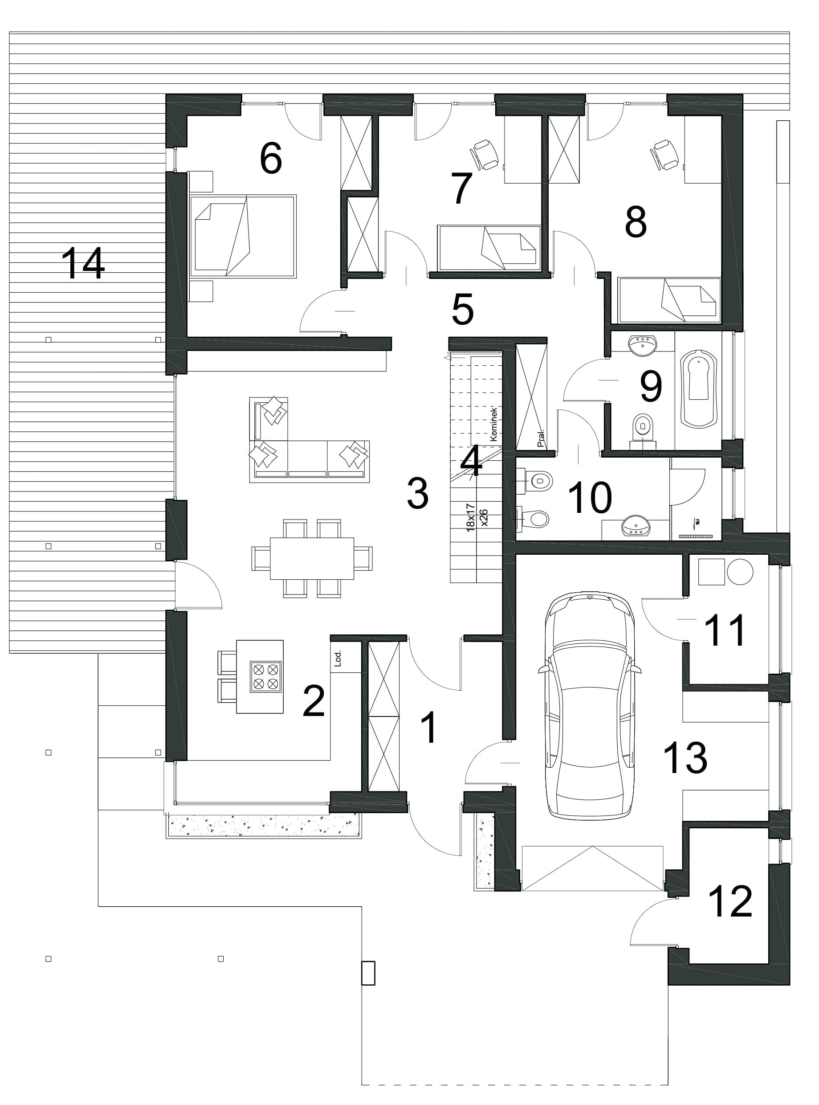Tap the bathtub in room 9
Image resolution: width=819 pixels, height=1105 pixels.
coord(699,389)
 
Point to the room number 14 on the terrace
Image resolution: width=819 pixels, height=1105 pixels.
coord(83,264)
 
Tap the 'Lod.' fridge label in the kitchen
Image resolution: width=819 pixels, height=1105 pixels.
coord(338,658)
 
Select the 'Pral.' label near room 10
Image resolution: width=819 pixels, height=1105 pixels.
coord(541,438)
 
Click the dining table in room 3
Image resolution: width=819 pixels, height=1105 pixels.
coord(312,558)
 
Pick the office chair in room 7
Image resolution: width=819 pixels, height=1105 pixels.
coord(483,154)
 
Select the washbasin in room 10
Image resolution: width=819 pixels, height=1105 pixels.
coord(636,525)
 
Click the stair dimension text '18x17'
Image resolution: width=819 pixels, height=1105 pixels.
coord(471,517)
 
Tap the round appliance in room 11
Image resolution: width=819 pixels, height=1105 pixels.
coord(740,572)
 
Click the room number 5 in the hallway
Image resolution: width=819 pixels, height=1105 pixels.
coord(463,310)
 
